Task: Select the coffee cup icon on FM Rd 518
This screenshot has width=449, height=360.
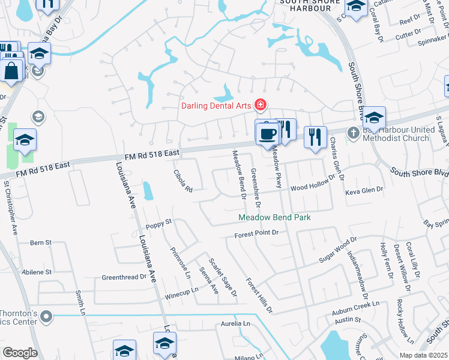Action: (267, 133)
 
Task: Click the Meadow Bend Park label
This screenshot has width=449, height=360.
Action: (274, 217)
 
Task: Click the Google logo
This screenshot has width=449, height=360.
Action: (20, 353)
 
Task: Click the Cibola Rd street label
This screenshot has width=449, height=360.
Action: (182, 180)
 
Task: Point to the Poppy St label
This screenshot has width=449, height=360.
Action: (159, 224)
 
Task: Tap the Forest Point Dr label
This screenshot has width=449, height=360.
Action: (257, 233)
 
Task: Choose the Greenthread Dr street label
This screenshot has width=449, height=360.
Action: (124, 277)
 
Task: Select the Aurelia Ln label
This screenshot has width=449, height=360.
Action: (235, 323)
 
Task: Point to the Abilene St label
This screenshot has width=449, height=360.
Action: (37, 272)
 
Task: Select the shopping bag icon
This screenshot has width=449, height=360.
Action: (12, 70)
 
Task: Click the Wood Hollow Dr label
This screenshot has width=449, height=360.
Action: (312, 184)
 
